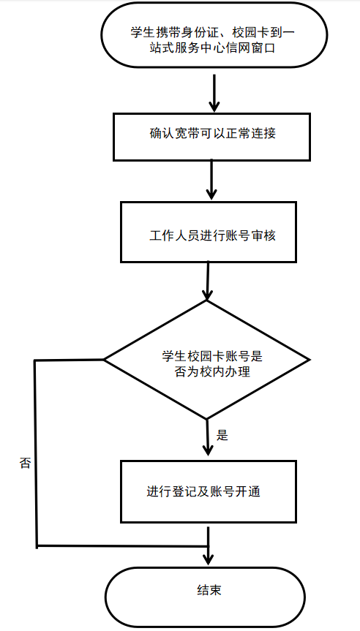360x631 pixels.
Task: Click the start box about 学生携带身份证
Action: point(214,35)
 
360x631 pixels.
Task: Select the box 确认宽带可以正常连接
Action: point(211,137)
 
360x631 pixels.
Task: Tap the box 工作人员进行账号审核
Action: point(209,233)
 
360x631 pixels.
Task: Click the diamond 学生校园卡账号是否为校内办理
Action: point(207,360)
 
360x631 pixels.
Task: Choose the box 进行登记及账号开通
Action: point(209,491)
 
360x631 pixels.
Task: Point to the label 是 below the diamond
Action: point(222,436)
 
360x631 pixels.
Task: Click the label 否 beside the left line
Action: point(25,463)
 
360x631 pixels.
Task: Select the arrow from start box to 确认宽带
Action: point(214,93)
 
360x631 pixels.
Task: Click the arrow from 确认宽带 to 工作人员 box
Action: point(211,180)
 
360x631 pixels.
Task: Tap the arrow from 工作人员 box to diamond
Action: point(207,281)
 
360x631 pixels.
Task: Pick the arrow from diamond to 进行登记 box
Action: point(208,438)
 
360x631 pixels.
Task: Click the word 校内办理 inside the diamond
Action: point(225,371)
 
